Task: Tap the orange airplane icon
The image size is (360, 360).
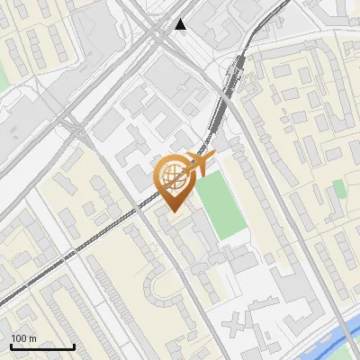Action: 199,165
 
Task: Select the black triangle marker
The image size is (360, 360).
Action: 182,24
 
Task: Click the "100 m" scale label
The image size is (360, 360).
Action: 24,338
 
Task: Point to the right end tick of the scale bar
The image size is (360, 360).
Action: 74,346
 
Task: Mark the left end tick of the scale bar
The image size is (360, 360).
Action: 11,346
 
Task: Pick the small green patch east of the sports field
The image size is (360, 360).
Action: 339,188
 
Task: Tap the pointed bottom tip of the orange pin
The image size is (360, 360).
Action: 172,211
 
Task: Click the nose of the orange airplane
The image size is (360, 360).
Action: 213,158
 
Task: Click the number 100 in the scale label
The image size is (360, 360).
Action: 20,338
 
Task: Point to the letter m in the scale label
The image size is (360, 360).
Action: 33,338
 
